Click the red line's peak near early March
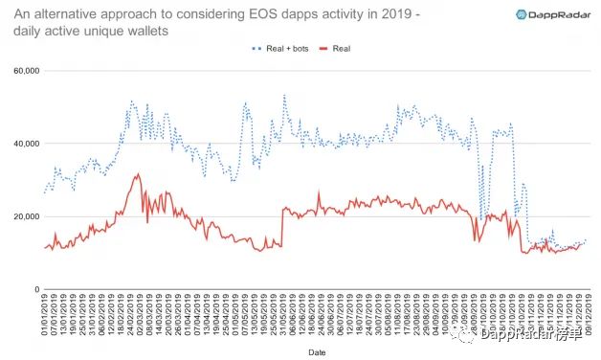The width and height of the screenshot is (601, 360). (138, 174)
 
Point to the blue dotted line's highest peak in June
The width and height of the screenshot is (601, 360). (284, 96)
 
